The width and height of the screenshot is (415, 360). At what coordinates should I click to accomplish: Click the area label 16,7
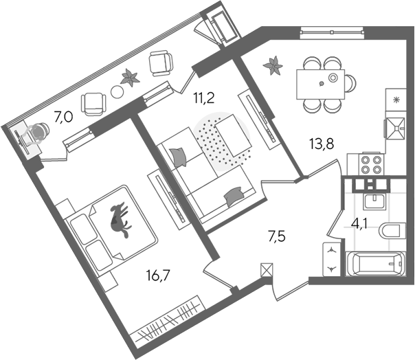point(158,275)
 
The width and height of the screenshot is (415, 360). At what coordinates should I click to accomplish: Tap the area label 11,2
point(203,98)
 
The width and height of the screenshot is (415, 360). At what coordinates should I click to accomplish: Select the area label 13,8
point(322,144)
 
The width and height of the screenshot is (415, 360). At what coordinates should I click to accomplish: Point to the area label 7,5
point(277,236)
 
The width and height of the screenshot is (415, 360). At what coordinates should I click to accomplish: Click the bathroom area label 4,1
point(359,226)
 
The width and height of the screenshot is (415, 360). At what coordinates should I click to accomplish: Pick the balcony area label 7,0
point(63,117)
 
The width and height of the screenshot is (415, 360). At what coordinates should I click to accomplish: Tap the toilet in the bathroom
point(392,230)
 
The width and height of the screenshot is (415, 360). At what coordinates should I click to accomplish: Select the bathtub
point(375,264)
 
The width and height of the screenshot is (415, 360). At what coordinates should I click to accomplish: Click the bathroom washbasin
point(375,201)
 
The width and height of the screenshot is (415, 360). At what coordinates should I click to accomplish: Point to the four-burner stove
point(370,164)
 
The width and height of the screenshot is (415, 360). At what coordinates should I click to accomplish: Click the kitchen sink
point(396,128)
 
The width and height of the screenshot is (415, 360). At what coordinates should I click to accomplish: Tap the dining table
point(320,85)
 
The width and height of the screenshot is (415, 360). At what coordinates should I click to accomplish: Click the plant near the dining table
point(273,65)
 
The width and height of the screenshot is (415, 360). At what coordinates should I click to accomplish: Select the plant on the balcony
point(130,78)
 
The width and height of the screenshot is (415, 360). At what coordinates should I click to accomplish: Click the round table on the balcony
point(117,92)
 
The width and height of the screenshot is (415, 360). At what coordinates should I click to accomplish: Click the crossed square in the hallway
point(267,270)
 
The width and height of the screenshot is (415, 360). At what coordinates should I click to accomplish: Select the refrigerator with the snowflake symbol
point(396,100)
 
